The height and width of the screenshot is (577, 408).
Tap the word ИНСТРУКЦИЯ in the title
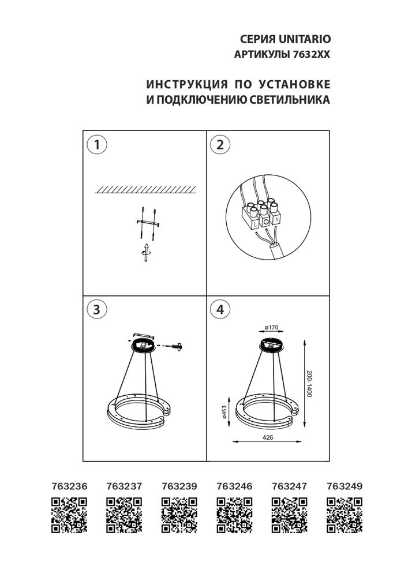tap(188, 84)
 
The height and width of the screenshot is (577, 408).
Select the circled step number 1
tap(97, 145)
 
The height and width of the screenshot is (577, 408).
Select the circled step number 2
tap(219, 145)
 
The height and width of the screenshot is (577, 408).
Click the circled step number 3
tap(97, 309)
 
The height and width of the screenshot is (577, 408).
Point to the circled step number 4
tap(219, 309)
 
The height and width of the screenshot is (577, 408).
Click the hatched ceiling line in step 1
tap(144, 189)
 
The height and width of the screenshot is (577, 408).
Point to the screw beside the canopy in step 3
tap(174, 346)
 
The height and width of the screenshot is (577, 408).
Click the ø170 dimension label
tap(271, 328)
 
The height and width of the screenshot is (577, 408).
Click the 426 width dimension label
tap(267, 437)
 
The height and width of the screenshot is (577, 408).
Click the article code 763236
tap(70, 486)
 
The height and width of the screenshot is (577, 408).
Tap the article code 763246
tap(234, 486)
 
